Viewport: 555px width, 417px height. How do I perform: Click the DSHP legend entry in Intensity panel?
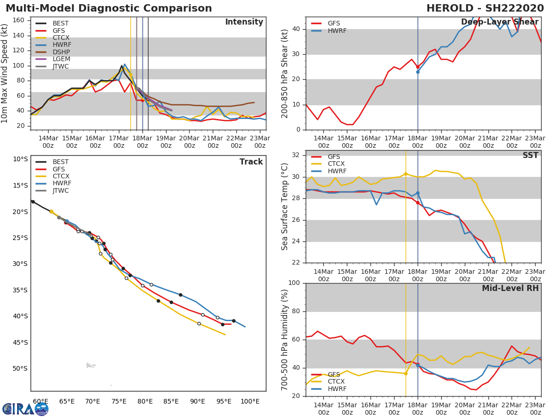point(61,52)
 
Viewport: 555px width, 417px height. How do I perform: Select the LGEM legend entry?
point(61,59)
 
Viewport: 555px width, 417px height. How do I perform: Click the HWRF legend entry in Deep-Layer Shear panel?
point(337,31)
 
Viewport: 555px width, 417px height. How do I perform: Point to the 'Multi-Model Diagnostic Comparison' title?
point(109,8)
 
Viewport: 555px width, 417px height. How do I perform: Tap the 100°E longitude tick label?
point(250,401)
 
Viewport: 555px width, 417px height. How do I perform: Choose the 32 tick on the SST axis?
point(296,155)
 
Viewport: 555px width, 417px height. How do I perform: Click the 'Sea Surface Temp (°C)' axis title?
point(285,207)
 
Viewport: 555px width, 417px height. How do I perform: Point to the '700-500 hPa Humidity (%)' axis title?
point(285,340)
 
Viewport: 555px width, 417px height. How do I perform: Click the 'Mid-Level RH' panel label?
point(510,288)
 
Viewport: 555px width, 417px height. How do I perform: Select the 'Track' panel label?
point(251,162)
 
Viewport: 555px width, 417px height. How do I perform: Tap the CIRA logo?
point(25,409)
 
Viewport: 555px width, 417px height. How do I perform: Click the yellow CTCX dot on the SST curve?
point(406,174)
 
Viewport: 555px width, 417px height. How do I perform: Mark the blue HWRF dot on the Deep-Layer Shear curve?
point(418,72)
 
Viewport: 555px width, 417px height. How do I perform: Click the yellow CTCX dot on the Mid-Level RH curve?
point(406,373)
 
